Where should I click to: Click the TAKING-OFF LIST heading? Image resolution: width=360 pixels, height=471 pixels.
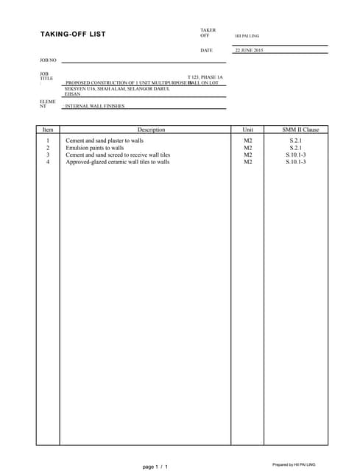73,35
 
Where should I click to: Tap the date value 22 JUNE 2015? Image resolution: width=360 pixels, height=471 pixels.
248,50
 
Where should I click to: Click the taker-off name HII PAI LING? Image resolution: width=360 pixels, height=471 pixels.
247,35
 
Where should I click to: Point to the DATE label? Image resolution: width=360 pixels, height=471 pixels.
206,50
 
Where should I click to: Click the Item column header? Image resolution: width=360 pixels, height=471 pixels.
48,130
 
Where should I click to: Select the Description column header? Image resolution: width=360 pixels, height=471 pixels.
151,130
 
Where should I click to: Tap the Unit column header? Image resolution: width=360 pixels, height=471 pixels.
247,130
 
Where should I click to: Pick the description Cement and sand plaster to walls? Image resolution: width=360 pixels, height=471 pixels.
105,140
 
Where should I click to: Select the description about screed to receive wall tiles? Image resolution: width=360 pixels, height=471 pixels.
118,155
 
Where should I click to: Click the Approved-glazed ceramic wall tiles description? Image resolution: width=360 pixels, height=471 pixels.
118,162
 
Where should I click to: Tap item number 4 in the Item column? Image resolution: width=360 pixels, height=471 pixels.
48,162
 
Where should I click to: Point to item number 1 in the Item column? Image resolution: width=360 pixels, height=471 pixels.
48,140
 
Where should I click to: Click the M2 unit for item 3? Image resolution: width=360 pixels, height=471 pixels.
247,155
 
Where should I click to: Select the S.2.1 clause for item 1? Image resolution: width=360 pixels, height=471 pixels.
295,140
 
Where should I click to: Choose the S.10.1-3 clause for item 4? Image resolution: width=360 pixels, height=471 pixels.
295,162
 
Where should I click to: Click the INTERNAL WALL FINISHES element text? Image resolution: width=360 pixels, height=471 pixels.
95,106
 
